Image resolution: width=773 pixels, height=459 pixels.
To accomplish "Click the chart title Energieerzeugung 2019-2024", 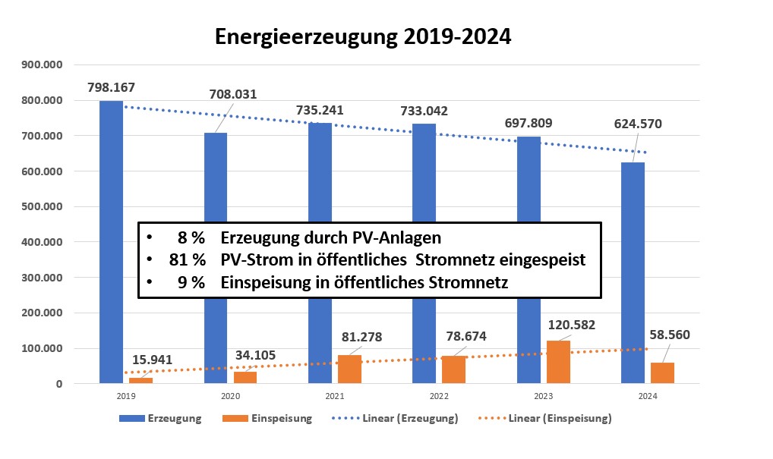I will tap(363, 36).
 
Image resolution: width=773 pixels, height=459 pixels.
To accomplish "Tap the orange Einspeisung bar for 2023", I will tap(558, 363).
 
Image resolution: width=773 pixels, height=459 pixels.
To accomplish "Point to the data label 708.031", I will tap(232, 95).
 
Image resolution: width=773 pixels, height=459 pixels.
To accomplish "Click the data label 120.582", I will tap(570, 325).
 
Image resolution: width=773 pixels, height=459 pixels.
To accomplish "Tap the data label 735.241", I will tap(319, 110).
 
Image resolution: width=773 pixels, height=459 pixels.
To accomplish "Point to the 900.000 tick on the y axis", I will tap(43, 64).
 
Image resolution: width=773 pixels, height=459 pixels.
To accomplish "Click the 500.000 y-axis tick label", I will tap(43, 206).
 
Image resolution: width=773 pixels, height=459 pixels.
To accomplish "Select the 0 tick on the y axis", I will tap(58, 384).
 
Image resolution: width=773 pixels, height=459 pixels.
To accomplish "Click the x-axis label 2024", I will tap(647, 396).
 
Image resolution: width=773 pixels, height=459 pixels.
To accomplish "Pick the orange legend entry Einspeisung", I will tap(280, 418).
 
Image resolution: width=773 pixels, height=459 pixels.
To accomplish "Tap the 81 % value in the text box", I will tap(188, 259).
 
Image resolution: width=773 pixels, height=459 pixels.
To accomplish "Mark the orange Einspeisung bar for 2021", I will tap(349, 369).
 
